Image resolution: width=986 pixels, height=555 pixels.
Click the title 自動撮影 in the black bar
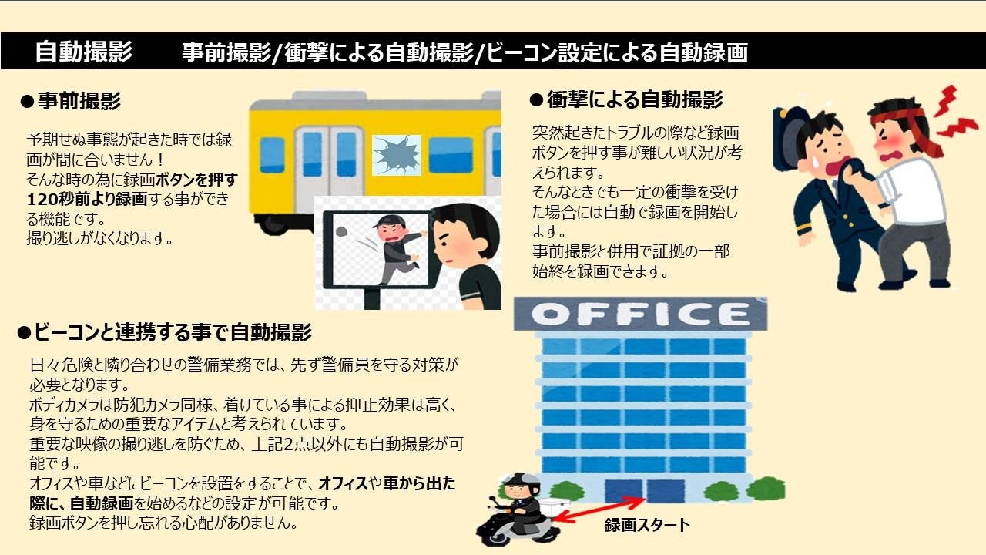pyautogui.click(x=83, y=52)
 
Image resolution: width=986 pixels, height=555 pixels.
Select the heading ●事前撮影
pyautogui.click(x=70, y=100)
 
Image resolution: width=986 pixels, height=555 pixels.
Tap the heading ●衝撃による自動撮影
pyautogui.click(x=625, y=100)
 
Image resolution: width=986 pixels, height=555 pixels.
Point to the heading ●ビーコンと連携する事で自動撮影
pyautogui.click(x=164, y=333)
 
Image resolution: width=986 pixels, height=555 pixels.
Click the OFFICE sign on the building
pyautogui.click(x=639, y=314)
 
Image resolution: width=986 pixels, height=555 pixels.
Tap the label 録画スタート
pyautogui.click(x=647, y=526)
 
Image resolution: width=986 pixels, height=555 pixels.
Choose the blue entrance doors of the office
pyautogui.click(x=645, y=491)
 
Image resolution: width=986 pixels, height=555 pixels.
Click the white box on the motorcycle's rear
pyautogui.click(x=554, y=503)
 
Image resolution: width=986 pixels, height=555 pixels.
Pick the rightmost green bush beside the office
pyautogui.click(x=766, y=489)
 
